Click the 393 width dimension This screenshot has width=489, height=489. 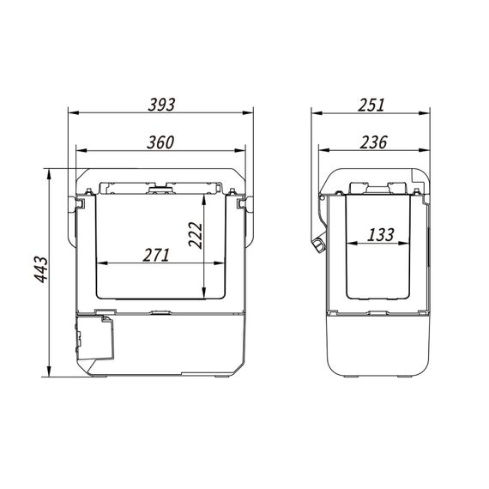[161, 105]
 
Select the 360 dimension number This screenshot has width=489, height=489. [160, 142]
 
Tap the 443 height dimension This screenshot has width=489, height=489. [41, 269]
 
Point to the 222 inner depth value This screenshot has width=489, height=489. [196, 235]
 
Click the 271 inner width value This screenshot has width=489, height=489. [156, 255]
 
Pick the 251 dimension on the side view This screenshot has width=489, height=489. [371, 105]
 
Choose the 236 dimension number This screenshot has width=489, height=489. [373, 142]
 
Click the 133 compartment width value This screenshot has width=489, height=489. [381, 235]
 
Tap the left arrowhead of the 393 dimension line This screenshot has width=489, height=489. [74, 112]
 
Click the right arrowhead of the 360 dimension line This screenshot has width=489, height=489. [240, 151]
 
